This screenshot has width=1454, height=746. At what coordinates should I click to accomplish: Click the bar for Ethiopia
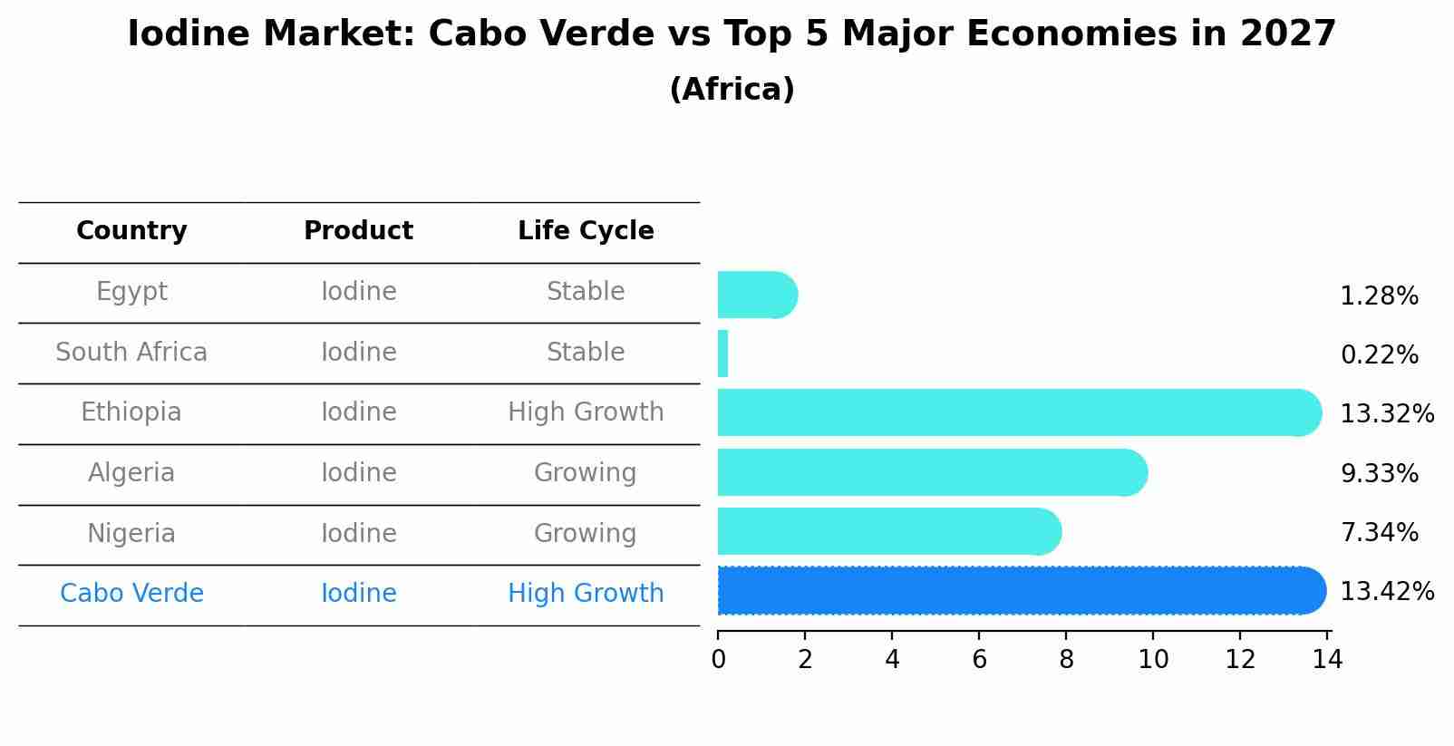point(1015,412)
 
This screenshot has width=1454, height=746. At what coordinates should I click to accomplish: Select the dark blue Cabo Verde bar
point(1020,590)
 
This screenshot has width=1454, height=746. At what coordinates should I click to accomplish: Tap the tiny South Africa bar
point(722,354)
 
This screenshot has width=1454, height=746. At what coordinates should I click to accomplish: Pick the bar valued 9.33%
point(929,472)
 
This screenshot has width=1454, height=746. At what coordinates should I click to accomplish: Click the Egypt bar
point(755,295)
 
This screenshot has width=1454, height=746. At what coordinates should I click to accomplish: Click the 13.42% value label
point(1386,592)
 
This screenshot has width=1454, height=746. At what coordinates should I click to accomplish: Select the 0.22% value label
point(1379,355)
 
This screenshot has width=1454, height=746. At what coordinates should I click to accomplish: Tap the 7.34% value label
point(1379,532)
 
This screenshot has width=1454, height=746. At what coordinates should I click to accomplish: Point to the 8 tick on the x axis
point(1066,660)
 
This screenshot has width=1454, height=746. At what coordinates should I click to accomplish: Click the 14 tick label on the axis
point(1327,660)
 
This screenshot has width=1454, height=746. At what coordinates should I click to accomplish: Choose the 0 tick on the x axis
point(718,660)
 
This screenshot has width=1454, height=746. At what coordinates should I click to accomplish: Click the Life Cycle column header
point(586,231)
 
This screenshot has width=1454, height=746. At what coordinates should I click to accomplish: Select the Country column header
point(131,231)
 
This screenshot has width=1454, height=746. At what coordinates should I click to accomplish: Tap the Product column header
point(358,231)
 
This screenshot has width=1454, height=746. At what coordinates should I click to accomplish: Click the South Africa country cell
point(131,353)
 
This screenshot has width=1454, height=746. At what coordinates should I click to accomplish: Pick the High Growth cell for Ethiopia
point(586,412)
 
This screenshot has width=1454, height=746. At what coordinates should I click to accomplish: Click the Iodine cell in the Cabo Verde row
point(358,594)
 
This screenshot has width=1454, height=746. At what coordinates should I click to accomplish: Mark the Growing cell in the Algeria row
point(585,473)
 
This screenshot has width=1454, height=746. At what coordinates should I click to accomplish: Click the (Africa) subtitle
point(732,90)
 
